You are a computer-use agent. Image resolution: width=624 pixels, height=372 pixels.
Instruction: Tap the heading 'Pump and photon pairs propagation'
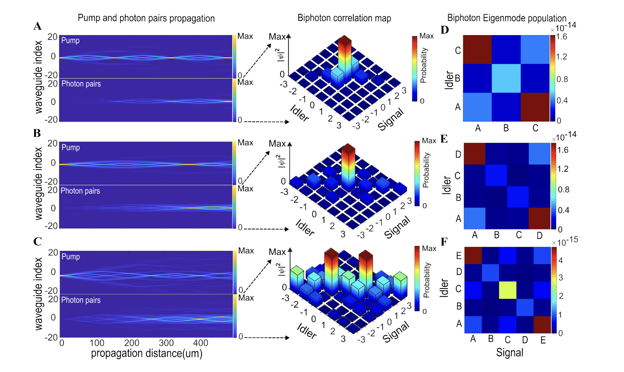tap(146, 18)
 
